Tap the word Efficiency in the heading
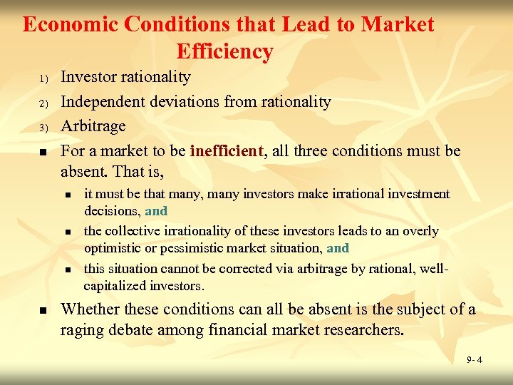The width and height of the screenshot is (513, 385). [x=224, y=51]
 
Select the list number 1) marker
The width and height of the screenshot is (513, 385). [x=43, y=78]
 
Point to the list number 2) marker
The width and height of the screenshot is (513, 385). [x=43, y=103]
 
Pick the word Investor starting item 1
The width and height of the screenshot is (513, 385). [x=88, y=77]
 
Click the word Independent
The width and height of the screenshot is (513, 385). [x=103, y=102]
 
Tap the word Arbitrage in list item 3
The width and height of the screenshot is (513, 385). [x=93, y=127]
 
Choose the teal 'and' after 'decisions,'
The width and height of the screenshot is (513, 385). [x=156, y=211]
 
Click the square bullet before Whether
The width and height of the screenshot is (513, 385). [x=43, y=311]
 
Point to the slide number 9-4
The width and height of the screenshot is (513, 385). [x=475, y=360]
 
